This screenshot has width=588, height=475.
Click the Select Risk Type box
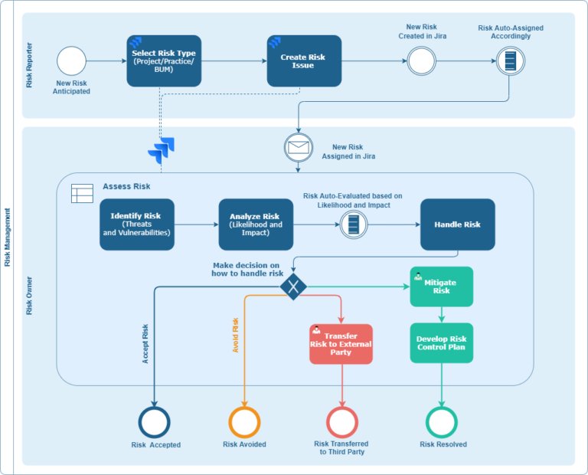coord(164,60)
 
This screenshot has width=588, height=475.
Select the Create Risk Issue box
coord(303,61)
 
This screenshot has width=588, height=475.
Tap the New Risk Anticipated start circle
coord(71,61)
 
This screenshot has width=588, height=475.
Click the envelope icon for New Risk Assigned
coord(298,146)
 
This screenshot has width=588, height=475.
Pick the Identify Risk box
coord(136,224)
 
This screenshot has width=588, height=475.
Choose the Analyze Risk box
coord(256,224)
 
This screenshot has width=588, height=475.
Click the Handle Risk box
coord(457,224)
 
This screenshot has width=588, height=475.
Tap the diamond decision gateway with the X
coord(293,287)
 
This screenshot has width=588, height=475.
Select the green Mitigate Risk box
coord(441,287)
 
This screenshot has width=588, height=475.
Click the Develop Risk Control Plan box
coord(441,342)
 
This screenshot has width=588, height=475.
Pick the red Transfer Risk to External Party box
coord(341,344)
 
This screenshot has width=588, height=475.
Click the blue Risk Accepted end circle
coord(155,422)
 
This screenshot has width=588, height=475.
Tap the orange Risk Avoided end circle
coord(244,422)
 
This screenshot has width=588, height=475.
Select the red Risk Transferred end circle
coord(341,422)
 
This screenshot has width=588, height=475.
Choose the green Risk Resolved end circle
coord(442,422)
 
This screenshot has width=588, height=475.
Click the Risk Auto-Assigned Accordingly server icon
coord(510,61)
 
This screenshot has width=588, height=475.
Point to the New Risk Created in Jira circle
coord(421,61)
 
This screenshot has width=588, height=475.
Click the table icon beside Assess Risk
coord(82,193)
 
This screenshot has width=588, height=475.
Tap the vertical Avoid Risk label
coord(236,335)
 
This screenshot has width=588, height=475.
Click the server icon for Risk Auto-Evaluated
coord(353,224)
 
